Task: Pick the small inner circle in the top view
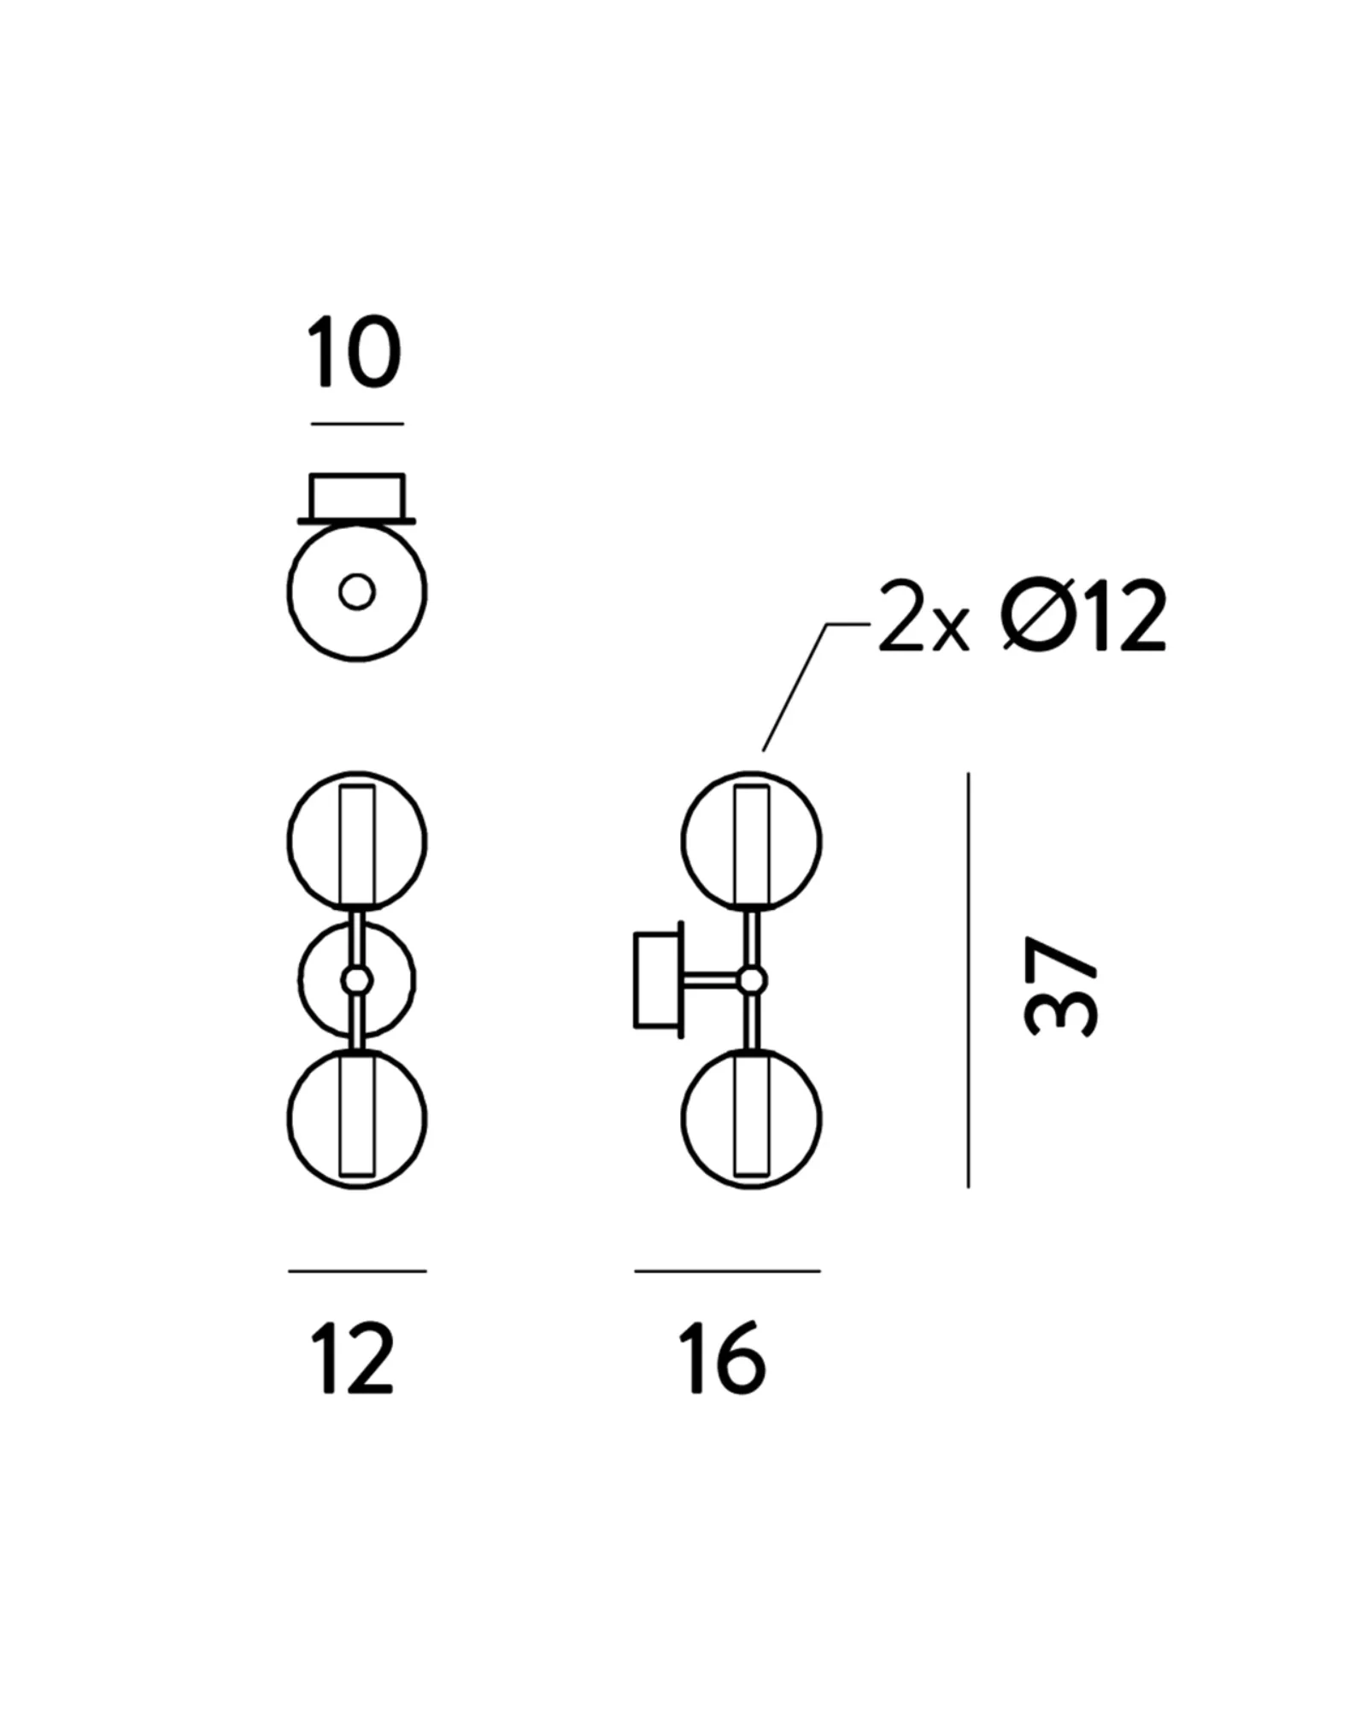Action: pyautogui.click(x=357, y=591)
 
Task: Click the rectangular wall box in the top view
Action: pyautogui.click(x=357, y=496)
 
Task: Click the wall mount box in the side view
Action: pyautogui.click(x=658, y=980)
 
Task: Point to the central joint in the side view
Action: pyautogui.click(x=752, y=981)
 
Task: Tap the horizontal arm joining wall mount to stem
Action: pyautogui.click(x=711, y=981)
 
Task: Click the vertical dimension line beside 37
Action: pyautogui.click(x=968, y=980)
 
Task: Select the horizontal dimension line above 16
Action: pyautogui.click(x=728, y=1271)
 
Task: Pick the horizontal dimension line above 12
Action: pyautogui.click(x=357, y=1271)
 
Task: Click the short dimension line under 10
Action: pyautogui.click(x=357, y=423)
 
